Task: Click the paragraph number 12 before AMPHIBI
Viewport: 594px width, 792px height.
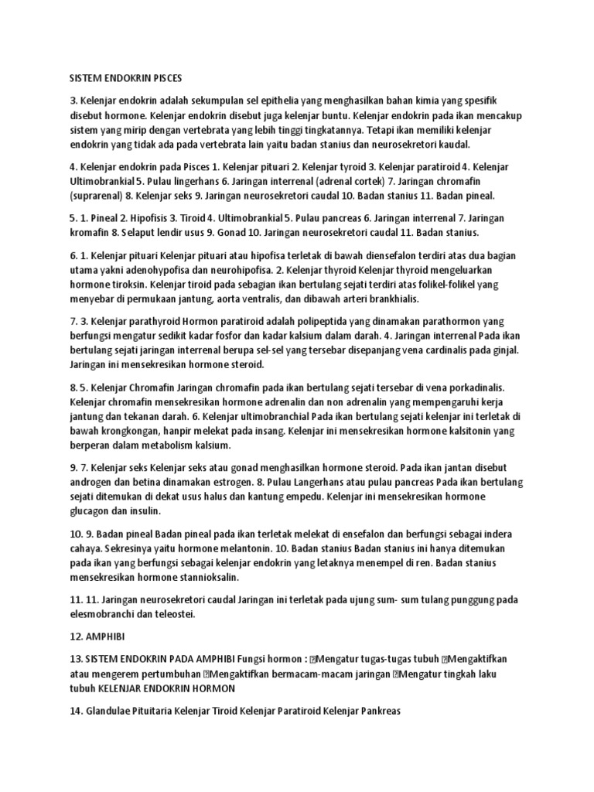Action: (74, 637)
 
